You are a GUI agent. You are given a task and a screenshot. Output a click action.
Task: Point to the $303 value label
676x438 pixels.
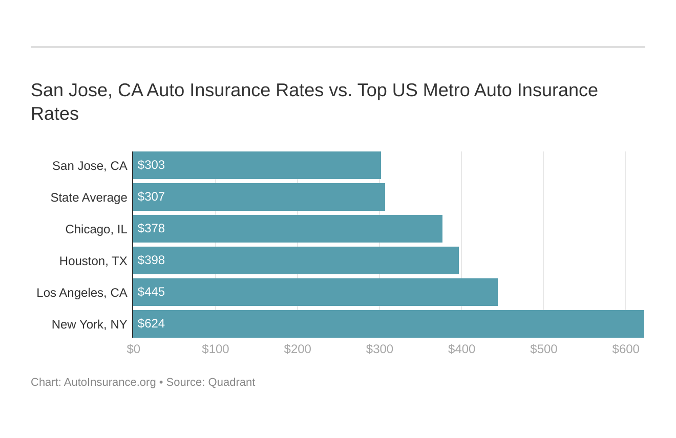tap(151, 165)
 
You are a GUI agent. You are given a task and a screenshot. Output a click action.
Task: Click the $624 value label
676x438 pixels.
tap(151, 324)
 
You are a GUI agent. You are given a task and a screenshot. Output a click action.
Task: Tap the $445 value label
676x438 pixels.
tap(151, 292)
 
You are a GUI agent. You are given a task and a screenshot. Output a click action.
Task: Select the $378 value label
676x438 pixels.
tap(151, 229)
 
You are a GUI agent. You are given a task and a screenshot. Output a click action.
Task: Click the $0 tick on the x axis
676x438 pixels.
tap(133, 349)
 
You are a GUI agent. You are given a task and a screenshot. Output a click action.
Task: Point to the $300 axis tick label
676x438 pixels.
tap(379, 349)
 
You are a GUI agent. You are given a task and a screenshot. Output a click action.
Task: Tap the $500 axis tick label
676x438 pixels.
tap(543, 349)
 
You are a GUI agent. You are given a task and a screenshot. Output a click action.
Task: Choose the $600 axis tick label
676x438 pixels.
tap(625, 349)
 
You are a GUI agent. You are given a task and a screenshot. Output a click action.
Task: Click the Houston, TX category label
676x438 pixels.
tap(93, 261)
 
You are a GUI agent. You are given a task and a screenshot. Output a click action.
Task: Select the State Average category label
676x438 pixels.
tap(89, 198)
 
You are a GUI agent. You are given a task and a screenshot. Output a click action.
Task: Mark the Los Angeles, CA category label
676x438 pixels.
tap(82, 293)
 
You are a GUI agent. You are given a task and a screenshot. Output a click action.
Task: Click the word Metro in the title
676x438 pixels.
tap(447, 90)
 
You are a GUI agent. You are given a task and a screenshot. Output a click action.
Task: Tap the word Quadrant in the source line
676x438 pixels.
tap(231, 382)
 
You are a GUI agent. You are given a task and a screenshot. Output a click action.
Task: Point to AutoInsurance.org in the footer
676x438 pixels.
tap(110, 382)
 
